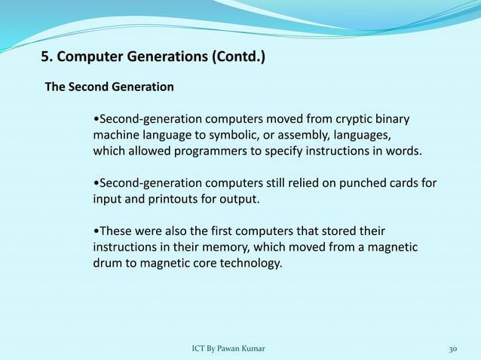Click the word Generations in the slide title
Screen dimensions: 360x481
[157, 56]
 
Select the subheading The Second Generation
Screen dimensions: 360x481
[109, 87]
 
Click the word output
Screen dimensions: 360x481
[239, 200]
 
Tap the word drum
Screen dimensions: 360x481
[108, 264]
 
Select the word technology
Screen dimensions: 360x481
[250, 264]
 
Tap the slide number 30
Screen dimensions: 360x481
[453, 349]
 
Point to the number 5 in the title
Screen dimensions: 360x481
[44, 56]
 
